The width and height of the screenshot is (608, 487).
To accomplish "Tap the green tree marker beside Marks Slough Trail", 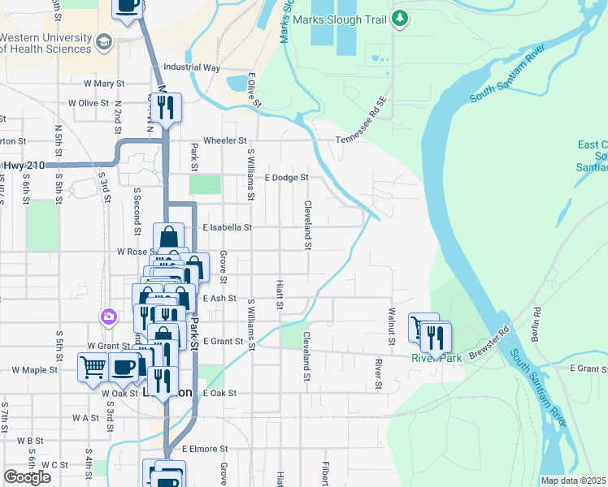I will pos(399,19).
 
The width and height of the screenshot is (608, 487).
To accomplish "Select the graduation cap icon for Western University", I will pos(103,41).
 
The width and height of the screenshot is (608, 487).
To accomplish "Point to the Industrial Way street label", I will pos(192,67).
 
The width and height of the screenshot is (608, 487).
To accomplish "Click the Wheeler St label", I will pos(224,140).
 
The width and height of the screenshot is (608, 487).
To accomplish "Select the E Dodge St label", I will pos(287,177).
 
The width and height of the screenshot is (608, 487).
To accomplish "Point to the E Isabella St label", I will pos(228,228).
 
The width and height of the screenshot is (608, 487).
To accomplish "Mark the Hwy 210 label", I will pos(22,166).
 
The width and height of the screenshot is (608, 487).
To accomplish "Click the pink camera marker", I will pos(107,317).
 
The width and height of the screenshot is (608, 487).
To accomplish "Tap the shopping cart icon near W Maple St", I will pos(91,368).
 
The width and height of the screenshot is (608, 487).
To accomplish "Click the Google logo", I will pos(27,477).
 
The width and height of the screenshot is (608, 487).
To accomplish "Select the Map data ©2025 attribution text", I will pos(573,481).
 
